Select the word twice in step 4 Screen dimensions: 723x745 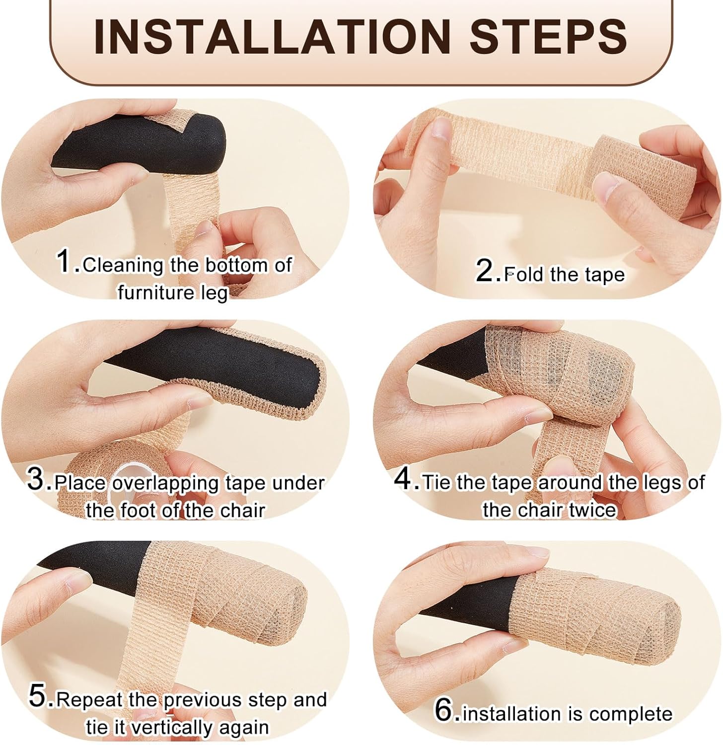(x=592, y=510)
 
